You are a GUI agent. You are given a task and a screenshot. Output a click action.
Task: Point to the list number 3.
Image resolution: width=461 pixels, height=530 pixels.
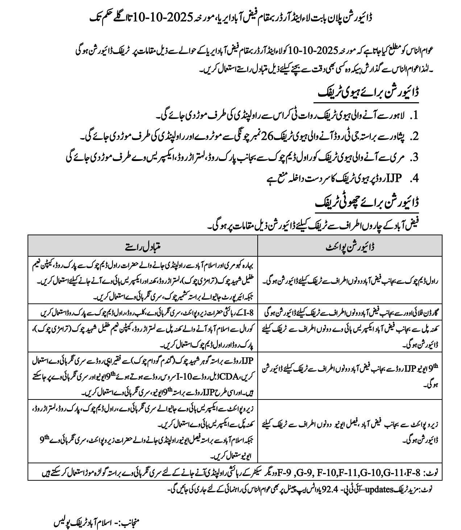click(x=415, y=157)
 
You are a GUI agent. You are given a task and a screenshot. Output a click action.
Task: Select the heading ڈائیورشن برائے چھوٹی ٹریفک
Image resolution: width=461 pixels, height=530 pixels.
click(x=367, y=203)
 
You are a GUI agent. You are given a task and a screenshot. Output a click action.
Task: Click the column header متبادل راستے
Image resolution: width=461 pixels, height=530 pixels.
click(x=142, y=246)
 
